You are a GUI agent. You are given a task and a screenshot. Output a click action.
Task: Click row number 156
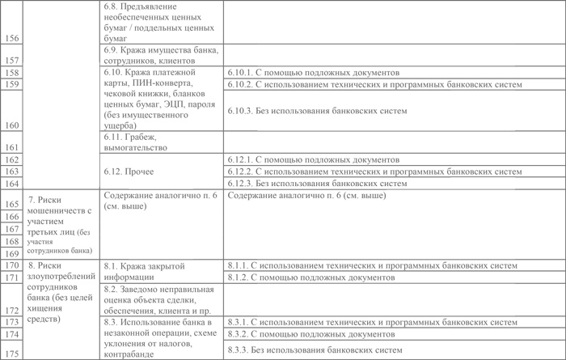click(x=11, y=37)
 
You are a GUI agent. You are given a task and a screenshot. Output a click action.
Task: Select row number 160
click(x=11, y=125)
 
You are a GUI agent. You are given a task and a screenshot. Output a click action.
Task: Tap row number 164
click(x=11, y=184)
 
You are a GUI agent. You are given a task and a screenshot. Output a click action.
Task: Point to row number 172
click(x=11, y=310)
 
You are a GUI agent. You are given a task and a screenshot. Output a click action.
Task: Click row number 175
click(x=11, y=350)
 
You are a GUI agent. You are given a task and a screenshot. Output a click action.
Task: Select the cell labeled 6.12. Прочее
click(x=129, y=172)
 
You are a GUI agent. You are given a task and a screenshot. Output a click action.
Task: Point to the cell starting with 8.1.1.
click(x=371, y=265)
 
